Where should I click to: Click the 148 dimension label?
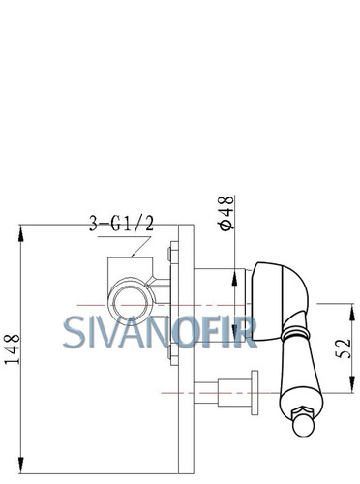[13, 349]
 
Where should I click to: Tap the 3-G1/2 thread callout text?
[121, 223]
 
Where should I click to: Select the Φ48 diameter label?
[226, 213]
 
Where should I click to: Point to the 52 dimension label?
[343, 348]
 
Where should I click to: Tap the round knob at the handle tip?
[304, 425]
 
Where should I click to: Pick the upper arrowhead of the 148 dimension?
[21, 234]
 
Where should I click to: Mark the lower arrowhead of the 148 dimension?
[21, 465]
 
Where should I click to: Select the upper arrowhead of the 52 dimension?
[352, 313]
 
